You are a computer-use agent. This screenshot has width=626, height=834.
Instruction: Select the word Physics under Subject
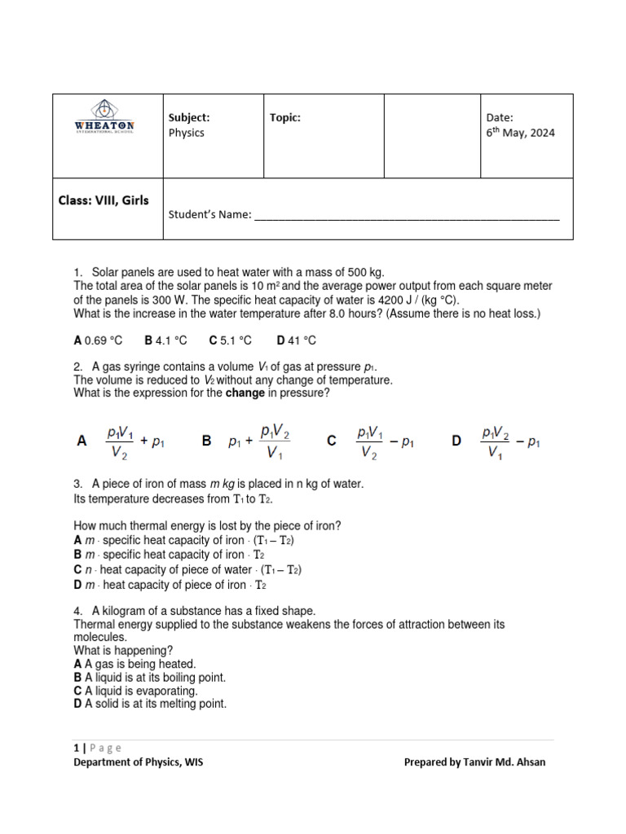(x=186, y=133)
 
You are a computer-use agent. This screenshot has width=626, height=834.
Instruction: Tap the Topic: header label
(x=285, y=118)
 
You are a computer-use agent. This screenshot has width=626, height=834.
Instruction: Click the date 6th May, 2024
(x=520, y=133)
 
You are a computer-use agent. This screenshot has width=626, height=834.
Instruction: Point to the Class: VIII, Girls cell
(x=103, y=200)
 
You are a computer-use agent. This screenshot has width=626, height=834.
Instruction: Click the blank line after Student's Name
(x=407, y=217)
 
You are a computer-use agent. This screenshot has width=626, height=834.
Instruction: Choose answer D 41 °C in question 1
(x=297, y=340)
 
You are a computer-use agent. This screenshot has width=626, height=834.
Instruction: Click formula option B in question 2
(x=248, y=441)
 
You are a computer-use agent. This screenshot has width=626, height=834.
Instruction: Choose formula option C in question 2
(x=371, y=441)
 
